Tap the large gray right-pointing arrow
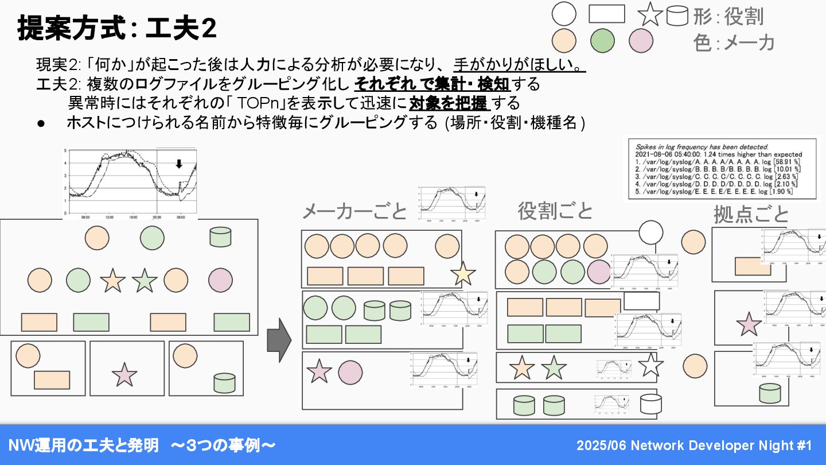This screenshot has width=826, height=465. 279,340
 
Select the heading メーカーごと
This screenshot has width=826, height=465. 354,211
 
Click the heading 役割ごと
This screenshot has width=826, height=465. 555,211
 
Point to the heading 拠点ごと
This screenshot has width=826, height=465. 751,214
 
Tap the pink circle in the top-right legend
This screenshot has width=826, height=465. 641,41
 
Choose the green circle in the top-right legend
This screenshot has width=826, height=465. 602,41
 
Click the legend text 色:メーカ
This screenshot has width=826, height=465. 734,42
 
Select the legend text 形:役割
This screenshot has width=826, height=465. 728,16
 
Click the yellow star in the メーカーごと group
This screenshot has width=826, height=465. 462,274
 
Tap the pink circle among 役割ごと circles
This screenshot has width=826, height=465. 599,272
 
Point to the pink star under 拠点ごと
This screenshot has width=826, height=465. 749,324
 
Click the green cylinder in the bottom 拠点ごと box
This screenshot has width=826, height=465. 769,393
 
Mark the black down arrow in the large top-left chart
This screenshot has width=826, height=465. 178,164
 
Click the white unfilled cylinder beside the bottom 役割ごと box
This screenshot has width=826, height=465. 650,404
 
